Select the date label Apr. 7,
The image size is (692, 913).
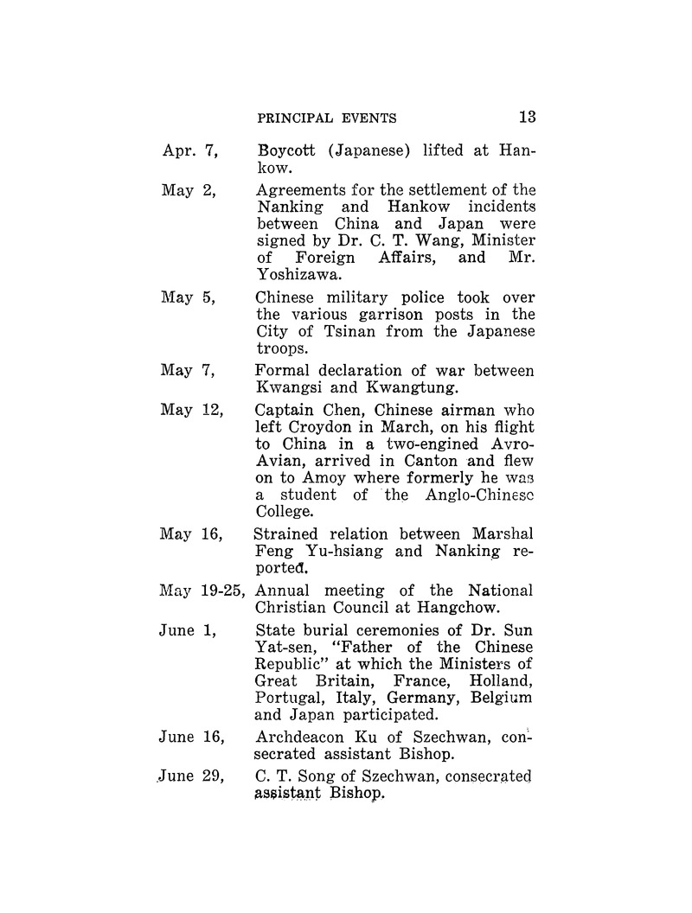coord(189,151)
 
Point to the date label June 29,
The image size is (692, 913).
coord(192,777)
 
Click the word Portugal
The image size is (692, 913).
coord(289,697)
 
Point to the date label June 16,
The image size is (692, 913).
coord(192,737)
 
